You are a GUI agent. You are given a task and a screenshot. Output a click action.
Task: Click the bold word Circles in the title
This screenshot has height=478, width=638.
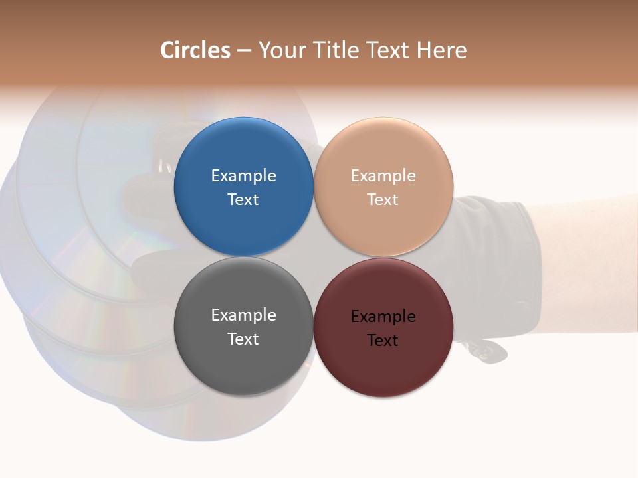tap(195, 50)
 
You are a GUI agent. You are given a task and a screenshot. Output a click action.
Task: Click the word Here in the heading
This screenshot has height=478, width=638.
tap(442, 50)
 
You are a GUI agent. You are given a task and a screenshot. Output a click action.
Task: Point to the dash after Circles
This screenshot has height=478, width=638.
tap(244, 51)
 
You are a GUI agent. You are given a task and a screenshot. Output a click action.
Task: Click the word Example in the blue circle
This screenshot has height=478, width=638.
tap(243, 175)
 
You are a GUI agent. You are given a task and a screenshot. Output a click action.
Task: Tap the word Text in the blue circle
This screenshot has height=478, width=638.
tap(243, 199)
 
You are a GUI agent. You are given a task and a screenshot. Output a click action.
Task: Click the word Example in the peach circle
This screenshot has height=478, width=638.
tap(383, 175)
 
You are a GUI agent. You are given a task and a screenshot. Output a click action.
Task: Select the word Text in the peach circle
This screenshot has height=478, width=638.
tap(383, 199)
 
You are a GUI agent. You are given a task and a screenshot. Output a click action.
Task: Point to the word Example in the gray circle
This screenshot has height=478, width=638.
tap(243, 315)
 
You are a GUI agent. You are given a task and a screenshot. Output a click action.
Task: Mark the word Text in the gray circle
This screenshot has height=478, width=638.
tap(243, 339)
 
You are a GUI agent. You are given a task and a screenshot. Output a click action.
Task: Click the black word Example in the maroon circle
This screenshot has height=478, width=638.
tap(383, 316)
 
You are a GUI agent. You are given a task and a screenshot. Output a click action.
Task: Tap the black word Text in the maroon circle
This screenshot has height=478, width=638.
tap(383, 340)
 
